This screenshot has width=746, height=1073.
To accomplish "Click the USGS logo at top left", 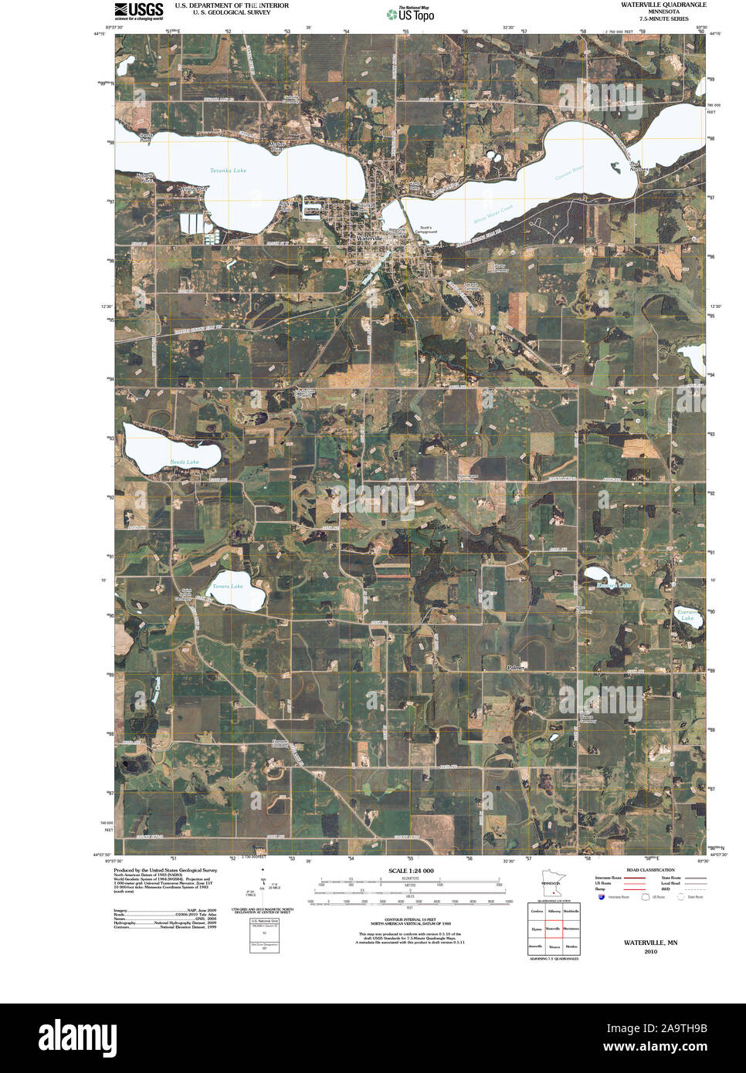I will point(139,9).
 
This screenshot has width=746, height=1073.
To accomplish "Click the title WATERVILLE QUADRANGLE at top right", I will point(663,5).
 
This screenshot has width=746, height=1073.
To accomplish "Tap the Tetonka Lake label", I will point(229,171).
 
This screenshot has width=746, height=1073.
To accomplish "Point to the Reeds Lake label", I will point(185,462).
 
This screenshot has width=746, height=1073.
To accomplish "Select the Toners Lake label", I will point(228,587).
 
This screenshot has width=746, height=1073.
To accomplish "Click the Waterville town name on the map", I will point(370,239).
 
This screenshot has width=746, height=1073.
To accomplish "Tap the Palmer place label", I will point(516,667).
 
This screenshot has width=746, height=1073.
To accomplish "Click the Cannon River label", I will point(569,173).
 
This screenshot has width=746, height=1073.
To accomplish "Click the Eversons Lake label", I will point(687,615).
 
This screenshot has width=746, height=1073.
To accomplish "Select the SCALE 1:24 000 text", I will point(411,871).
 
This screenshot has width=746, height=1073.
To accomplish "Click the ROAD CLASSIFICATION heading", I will point(650,870).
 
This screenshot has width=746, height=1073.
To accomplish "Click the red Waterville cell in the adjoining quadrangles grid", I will point(554,929).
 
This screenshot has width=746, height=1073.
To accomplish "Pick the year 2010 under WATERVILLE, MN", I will point(650,951).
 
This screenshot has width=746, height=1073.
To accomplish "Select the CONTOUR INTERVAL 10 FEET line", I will point(411,919).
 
